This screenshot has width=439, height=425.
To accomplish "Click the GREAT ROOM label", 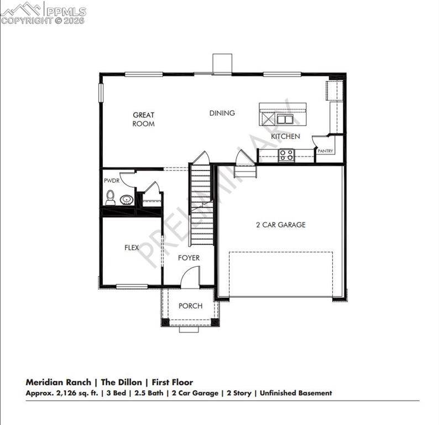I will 143,120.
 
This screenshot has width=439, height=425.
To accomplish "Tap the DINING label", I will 222,113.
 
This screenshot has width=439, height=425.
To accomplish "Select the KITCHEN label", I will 285,136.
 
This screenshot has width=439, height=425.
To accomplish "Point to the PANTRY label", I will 325,151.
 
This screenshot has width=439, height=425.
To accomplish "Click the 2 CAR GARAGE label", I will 280,225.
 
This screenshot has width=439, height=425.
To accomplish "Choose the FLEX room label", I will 131,248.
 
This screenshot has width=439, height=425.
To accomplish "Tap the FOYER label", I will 189,258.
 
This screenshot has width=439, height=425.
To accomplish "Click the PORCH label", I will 190,306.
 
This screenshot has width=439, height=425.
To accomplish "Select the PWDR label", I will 111,181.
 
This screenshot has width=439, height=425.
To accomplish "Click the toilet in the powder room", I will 111,198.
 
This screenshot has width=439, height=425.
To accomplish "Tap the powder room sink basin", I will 127,199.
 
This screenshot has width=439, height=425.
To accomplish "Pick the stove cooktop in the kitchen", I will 286,155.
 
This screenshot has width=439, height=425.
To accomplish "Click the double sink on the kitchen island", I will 285,119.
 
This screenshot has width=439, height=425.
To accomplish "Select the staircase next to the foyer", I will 201,205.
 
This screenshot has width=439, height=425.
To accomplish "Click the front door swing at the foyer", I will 190,277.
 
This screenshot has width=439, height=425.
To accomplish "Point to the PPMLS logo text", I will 65,11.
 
